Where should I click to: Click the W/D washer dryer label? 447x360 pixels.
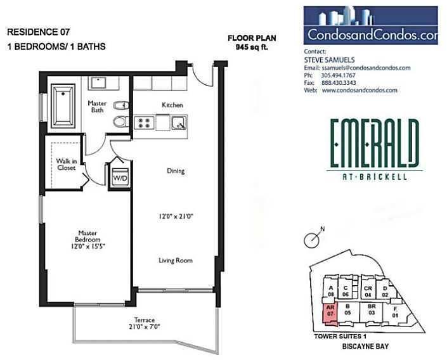coord(119,178)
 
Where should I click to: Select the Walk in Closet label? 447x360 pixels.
coord(66,165)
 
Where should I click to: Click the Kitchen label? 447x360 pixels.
coord(172,105)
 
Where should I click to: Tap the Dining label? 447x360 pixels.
coord(175,170)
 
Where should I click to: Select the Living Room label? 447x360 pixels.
coord(175,260)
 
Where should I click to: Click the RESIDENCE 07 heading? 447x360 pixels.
coord(37,31)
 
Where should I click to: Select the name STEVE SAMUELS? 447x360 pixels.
coord(329,60)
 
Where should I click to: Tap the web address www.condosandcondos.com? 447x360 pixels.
coord(360,90)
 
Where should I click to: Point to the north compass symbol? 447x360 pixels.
coord(311,240)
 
